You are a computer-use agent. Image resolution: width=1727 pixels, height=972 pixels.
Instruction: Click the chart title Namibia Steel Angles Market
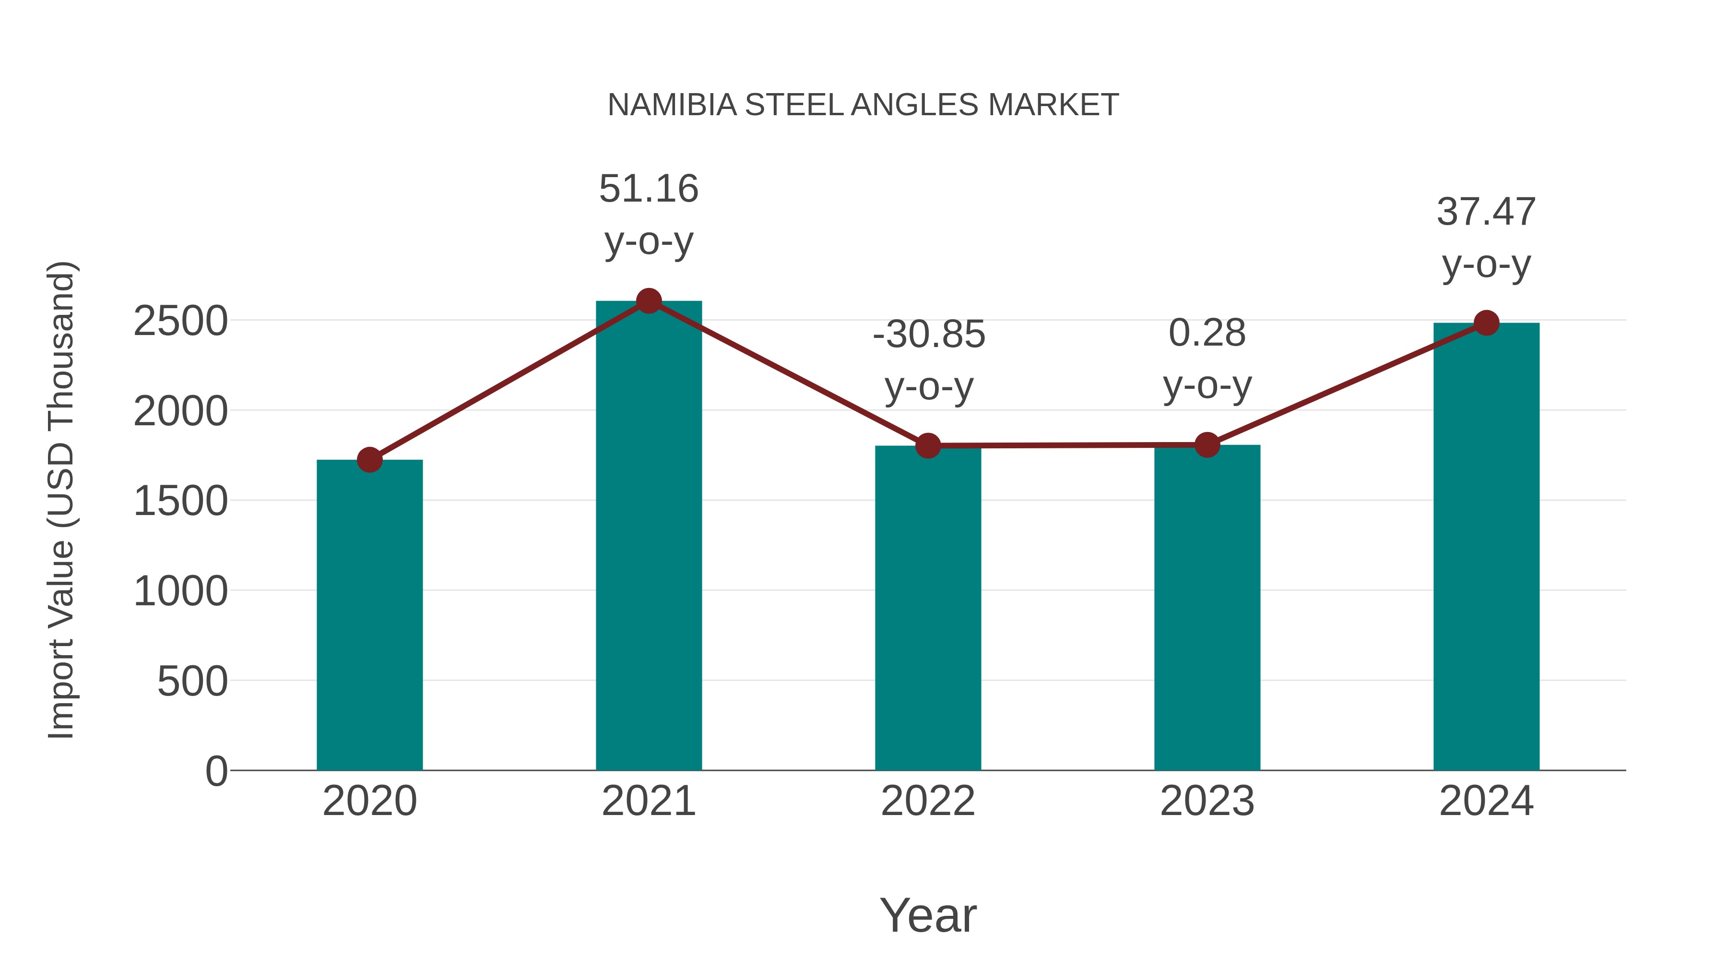coord(863,105)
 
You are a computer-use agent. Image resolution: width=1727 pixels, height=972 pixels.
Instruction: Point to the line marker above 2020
coord(369,460)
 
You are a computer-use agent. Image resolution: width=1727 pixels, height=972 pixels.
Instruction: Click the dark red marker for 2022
coord(928,445)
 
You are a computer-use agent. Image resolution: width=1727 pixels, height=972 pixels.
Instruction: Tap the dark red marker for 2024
coord(1486,323)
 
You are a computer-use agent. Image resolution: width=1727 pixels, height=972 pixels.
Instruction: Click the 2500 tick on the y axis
coord(180,321)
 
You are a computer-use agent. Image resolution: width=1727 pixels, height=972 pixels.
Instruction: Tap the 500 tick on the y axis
coord(192,682)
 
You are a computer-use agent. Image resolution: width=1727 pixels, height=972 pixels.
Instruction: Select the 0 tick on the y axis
coord(216,771)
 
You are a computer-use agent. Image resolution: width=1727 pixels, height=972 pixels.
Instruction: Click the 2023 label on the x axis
coord(1207,801)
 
